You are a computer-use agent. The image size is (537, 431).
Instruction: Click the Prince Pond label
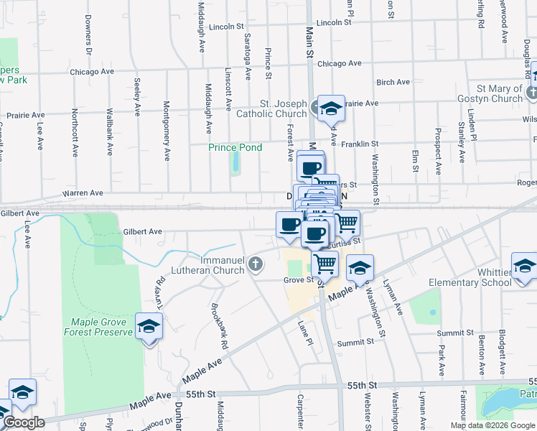click(x=235, y=147)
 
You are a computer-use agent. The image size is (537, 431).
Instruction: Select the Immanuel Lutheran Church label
click(x=208, y=266)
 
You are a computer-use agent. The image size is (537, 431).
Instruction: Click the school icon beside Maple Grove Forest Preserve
click(x=149, y=327)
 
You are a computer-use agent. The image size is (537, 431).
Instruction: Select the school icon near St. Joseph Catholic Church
click(x=331, y=108)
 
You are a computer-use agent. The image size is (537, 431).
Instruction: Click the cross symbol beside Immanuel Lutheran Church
click(x=255, y=266)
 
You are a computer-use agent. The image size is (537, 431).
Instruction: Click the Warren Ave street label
click(x=83, y=193)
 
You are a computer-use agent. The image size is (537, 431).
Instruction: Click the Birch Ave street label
click(x=393, y=82)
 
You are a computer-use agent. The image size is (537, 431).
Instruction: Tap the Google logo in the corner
click(x=24, y=422)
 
